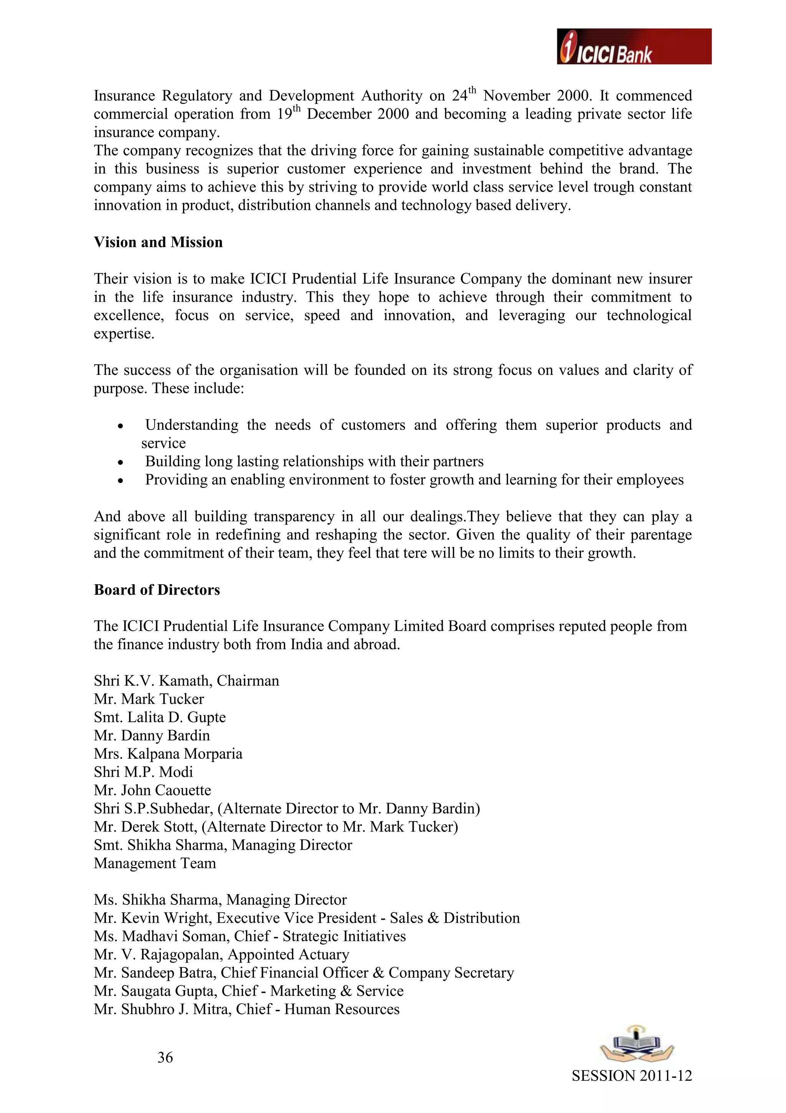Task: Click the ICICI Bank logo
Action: pos(634,46)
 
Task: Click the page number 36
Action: pos(165,1057)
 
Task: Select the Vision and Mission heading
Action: pos(159,242)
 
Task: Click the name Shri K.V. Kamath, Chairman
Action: pos(187,681)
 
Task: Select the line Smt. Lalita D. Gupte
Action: pos(160,717)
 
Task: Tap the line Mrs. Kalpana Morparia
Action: pos(168,754)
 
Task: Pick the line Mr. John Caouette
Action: pos(152,791)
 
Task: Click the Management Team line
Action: pos(155,863)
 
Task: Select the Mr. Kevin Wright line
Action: pos(307,918)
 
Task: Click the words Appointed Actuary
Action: pos(289,954)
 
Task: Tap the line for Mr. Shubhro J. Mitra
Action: pos(246,1009)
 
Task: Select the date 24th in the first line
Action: pos(464,95)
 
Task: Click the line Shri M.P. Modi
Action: pos(144,772)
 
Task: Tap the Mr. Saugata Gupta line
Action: pos(248,991)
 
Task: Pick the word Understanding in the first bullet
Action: pos(192,425)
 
